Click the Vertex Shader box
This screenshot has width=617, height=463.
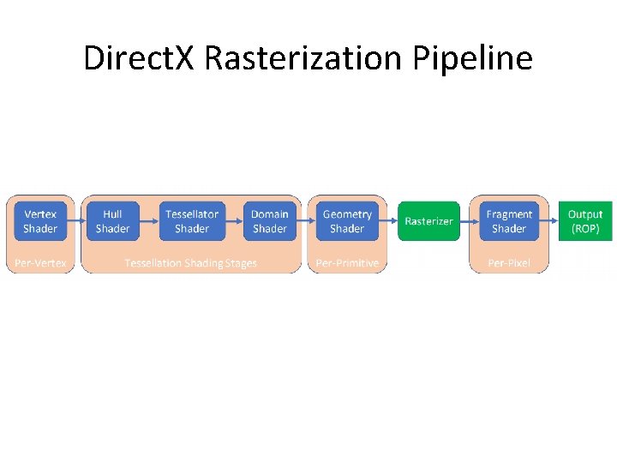(40, 221)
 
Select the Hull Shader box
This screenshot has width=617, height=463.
(112, 221)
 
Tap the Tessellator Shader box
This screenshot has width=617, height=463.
(191, 221)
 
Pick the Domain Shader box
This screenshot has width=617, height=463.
(269, 221)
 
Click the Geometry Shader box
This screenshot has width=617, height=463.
(347, 221)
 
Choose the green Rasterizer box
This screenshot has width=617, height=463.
(428, 221)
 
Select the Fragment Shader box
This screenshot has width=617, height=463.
(509, 221)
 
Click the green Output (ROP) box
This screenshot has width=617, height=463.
(585, 221)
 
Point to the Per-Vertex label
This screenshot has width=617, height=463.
(40, 263)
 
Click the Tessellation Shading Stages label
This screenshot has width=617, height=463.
(190, 263)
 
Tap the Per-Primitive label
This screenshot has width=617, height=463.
(347, 263)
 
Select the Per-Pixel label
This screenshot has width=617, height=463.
(509, 263)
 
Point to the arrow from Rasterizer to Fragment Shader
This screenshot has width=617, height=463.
(470, 220)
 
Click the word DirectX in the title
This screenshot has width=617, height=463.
(141, 58)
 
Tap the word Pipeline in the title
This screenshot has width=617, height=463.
(473, 58)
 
